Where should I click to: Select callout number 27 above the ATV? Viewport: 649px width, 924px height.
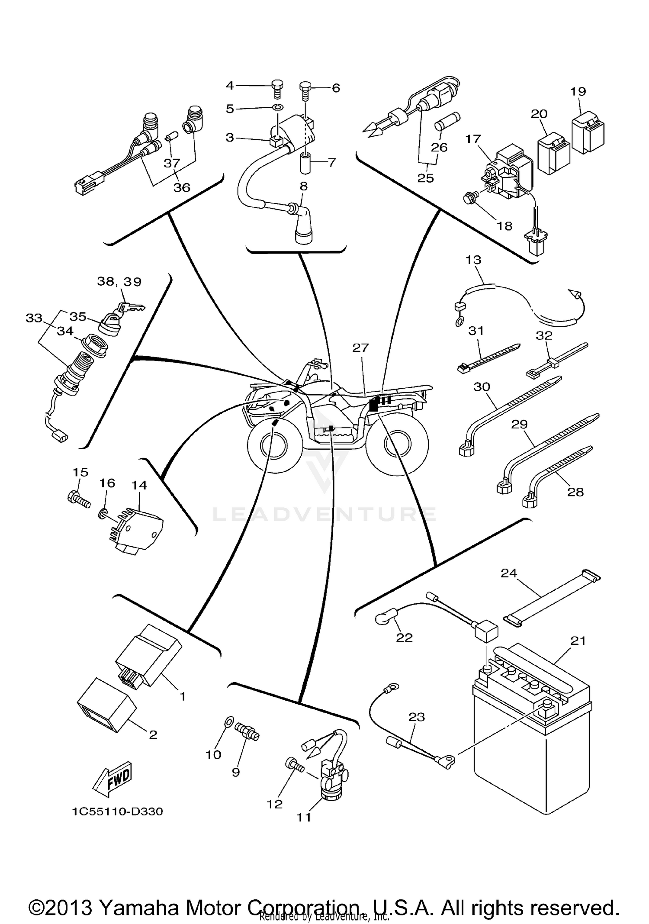pyautogui.click(x=360, y=348)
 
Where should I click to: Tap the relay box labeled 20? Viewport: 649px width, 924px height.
pyautogui.click(x=554, y=151)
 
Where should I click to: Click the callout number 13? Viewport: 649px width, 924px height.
pyautogui.click(x=473, y=260)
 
